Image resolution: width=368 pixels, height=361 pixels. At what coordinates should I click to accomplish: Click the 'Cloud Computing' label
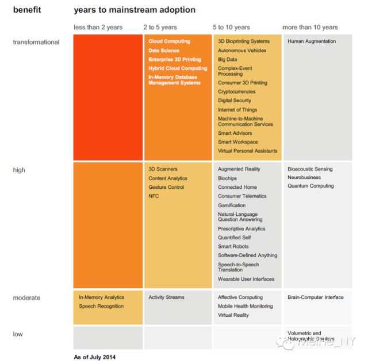tap(169, 41)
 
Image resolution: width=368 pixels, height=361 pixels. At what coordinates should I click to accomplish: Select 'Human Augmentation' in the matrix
tap(312, 41)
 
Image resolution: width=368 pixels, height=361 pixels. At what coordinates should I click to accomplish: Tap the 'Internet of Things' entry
tap(237, 110)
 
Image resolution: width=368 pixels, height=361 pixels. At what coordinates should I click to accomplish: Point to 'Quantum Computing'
tap(310, 186)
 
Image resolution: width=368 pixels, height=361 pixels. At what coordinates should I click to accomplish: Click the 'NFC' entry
tap(154, 196)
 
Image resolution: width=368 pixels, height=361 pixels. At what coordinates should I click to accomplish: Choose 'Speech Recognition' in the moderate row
tap(101, 306)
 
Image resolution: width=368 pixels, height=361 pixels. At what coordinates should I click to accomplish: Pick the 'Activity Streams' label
tap(166, 297)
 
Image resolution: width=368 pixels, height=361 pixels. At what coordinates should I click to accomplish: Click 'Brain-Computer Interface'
tap(315, 297)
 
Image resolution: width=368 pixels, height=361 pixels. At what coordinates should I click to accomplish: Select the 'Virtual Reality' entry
tap(233, 315)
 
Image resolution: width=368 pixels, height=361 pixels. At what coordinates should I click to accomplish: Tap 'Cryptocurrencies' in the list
tap(236, 92)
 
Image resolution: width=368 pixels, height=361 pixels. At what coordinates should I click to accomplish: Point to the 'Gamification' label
tap(232, 205)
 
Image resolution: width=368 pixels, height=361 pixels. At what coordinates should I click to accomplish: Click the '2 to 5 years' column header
tap(160, 27)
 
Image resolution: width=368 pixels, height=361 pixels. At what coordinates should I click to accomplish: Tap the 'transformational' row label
tap(36, 42)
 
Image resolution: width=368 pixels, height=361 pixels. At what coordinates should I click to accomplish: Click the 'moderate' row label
tap(26, 298)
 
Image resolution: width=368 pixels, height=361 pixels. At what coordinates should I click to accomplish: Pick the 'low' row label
tap(19, 334)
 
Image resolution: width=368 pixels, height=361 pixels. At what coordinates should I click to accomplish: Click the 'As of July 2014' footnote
tap(95, 357)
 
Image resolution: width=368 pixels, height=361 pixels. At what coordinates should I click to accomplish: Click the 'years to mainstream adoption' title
tap(135, 10)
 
